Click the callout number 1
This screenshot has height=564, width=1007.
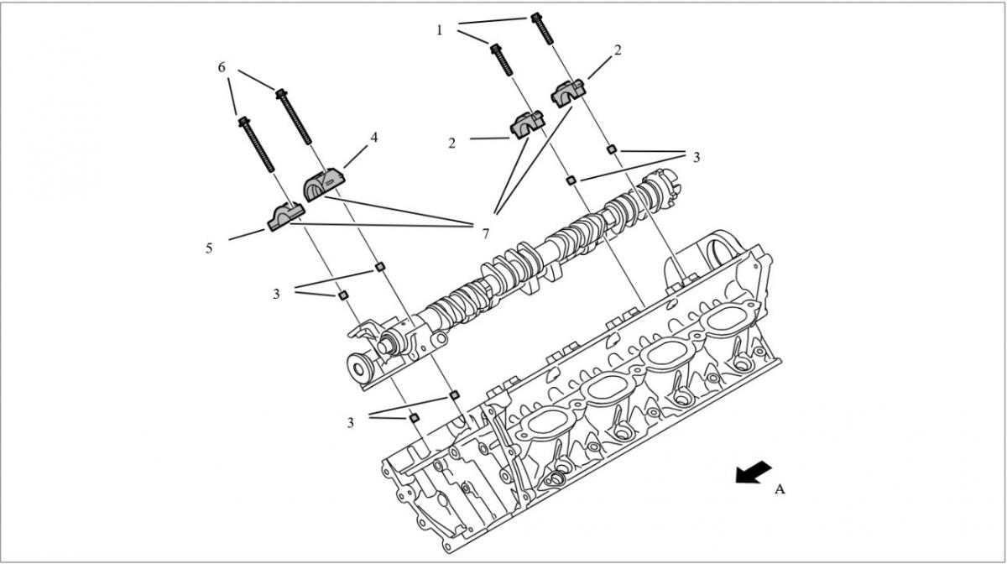tap(439, 30)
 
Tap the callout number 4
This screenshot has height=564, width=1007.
tap(373, 138)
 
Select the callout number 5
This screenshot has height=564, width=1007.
tap(209, 248)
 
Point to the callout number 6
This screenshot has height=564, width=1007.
tap(222, 67)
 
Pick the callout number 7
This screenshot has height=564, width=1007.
tap(485, 234)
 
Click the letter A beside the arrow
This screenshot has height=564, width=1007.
tap(780, 489)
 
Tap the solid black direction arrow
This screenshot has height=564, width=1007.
tap(754, 473)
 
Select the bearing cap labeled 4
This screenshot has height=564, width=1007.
tap(324, 184)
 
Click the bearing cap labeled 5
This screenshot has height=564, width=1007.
tap(286, 217)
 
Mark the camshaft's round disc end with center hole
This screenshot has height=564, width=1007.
tap(360, 368)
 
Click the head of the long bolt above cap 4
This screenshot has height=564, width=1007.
tap(281, 93)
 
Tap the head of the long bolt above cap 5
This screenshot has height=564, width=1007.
tap(243, 122)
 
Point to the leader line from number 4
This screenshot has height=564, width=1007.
tap(356, 156)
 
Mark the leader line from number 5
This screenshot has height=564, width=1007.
tap(247, 235)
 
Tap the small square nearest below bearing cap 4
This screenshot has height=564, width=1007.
tap(380, 267)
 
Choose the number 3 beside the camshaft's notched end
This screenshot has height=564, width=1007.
tap(697, 157)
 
